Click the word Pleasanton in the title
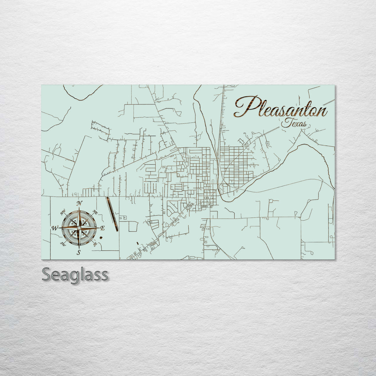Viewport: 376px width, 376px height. point(281,108)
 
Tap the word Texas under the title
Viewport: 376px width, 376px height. point(294,123)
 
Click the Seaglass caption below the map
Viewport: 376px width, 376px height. point(75,275)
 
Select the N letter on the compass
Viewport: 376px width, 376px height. point(79,203)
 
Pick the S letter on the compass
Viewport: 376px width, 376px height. point(79,253)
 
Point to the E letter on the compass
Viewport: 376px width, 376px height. point(102,228)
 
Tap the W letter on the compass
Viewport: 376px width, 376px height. point(55,228)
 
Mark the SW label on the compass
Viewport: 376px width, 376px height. point(63,244)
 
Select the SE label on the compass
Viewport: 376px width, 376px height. point(95,244)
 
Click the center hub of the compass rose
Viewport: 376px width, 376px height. point(79,228)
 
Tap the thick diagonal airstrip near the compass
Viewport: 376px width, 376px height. point(112,214)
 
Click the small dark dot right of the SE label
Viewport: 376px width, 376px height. point(101,237)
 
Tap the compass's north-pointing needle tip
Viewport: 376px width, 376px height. point(79,208)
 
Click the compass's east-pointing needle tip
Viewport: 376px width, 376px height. point(99,228)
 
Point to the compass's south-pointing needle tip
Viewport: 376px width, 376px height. point(79,248)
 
